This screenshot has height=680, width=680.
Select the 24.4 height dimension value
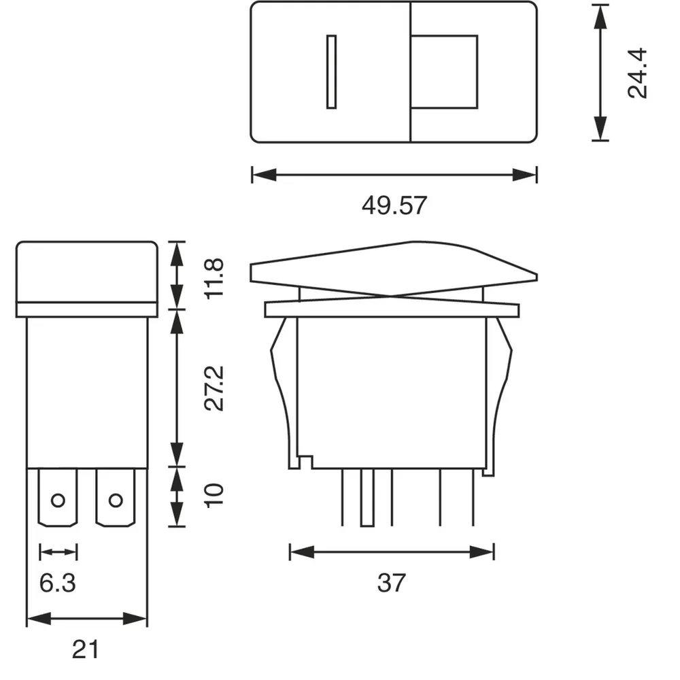[x=639, y=73]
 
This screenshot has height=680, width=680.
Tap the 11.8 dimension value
[x=215, y=277]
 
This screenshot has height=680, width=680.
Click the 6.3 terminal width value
[x=57, y=582]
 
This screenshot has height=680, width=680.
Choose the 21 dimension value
[x=86, y=649]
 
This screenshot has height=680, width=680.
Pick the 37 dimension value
[x=392, y=582]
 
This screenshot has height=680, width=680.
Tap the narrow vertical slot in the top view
[x=331, y=71]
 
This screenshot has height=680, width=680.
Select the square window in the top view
[x=445, y=71]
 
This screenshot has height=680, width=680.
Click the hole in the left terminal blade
[x=58, y=501]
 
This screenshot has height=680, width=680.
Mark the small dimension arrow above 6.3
[x=58, y=551]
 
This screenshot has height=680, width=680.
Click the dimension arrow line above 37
[x=392, y=551]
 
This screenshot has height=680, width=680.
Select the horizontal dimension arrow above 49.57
[x=394, y=175]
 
